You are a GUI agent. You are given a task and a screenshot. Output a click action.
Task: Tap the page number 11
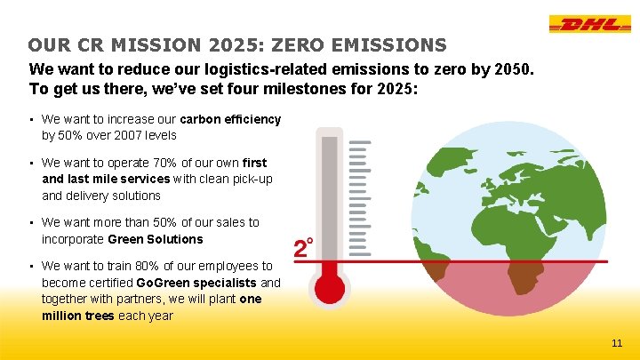click(617, 343)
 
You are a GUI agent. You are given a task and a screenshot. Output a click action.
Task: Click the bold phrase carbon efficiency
click(230, 119)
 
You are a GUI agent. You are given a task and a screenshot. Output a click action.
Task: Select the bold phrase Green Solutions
click(155, 239)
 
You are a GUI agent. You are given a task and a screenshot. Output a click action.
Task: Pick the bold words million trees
click(78, 316)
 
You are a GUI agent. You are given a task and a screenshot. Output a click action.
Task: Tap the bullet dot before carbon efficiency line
click(31, 119)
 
